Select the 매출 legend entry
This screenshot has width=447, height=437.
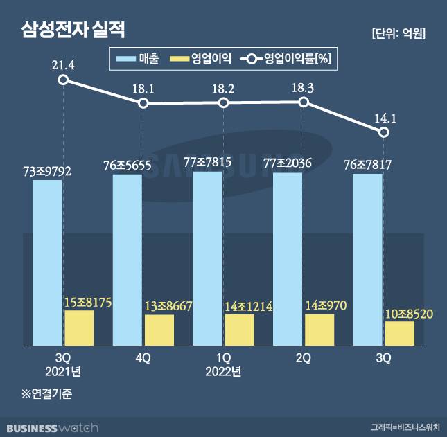point(139,60)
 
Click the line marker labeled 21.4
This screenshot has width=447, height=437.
point(63,80)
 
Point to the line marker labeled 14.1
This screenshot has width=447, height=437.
point(383,132)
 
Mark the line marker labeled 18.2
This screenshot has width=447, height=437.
point(223,103)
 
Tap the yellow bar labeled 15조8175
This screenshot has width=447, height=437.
point(79,328)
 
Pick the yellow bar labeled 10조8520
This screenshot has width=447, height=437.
point(400,332)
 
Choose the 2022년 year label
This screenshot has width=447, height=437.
point(223,372)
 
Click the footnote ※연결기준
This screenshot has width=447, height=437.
point(48,395)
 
